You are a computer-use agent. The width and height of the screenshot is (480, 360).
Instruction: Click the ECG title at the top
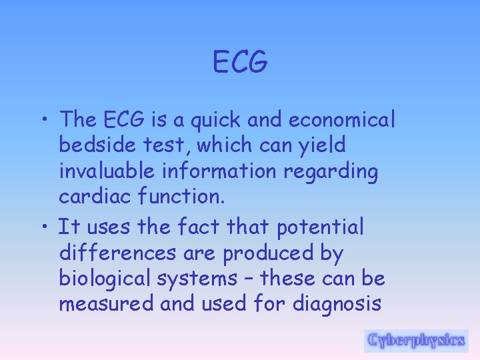pos(240,63)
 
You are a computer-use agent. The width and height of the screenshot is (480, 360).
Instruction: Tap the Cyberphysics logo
pos(416,340)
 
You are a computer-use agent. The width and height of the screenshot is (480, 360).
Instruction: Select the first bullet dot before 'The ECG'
pos(44,121)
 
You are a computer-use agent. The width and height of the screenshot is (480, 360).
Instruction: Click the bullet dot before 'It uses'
pos(44,228)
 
